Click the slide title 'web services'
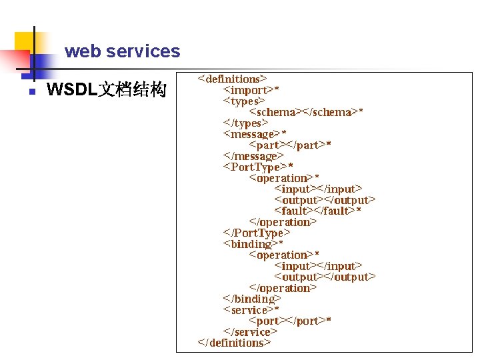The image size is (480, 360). [x=122, y=51]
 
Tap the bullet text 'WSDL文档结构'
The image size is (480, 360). [x=106, y=90]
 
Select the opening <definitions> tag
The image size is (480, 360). [x=232, y=79]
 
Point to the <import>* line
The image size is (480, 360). [x=251, y=90]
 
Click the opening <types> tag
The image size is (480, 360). [x=244, y=101]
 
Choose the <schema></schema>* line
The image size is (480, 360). [x=306, y=112]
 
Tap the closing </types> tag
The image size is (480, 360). [x=245, y=123]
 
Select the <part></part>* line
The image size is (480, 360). [x=290, y=145]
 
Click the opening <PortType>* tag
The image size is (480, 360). [x=258, y=167]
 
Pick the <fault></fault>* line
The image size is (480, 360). [x=318, y=211]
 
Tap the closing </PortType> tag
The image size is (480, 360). [x=257, y=233]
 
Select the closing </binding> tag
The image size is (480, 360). [x=252, y=299]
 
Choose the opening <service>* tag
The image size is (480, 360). [x=251, y=310]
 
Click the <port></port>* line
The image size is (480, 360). [x=290, y=321]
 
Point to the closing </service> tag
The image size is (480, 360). [x=250, y=332]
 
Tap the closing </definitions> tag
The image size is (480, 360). [x=234, y=343]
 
